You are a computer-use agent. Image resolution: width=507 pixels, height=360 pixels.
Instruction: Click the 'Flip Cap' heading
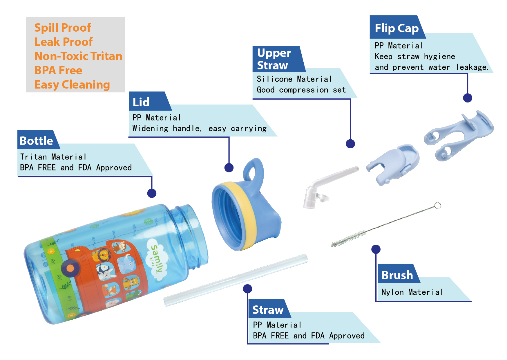[x=396, y=28]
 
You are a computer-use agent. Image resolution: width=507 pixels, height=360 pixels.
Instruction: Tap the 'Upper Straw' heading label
[x=274, y=59]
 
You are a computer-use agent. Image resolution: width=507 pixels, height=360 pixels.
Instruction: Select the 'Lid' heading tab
[x=141, y=102]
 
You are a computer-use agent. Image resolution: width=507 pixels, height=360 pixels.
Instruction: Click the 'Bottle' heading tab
[x=37, y=141]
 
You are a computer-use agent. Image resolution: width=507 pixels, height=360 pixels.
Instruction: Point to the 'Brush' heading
[x=397, y=275]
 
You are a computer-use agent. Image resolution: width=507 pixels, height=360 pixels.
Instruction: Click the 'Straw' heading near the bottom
[x=268, y=310]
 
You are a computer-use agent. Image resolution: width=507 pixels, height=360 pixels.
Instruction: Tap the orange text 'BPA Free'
[x=58, y=71]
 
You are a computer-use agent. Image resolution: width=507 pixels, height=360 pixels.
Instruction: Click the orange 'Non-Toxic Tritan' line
[x=78, y=56]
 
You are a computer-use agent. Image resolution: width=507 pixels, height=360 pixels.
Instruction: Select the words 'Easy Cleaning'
[x=72, y=85]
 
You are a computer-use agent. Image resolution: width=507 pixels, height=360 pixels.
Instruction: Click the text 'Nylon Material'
[x=412, y=292]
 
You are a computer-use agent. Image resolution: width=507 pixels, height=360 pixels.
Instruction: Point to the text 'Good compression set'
[x=301, y=90]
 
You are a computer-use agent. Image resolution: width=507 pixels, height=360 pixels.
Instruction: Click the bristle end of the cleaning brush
[x=348, y=239]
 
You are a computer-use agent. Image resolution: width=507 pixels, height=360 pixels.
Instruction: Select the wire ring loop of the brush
[x=438, y=206]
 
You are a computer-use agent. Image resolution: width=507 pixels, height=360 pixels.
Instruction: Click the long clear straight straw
[x=236, y=280]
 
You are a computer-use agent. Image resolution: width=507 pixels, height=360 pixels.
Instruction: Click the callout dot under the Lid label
[x=229, y=168]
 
